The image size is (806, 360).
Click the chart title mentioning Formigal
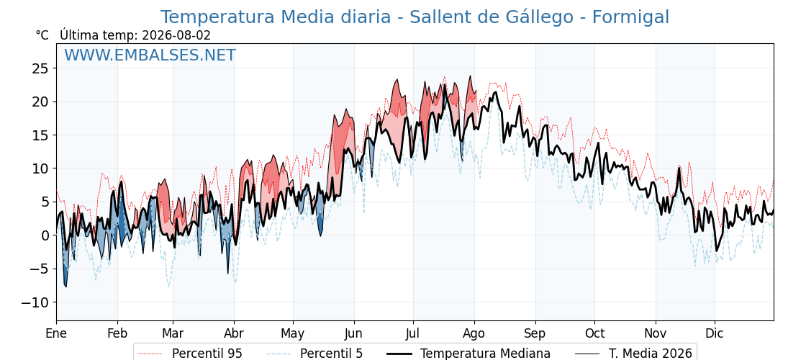[x=415, y=17]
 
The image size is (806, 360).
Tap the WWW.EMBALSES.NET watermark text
[x=150, y=55]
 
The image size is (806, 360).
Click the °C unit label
[x=42, y=35]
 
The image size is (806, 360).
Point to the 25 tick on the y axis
[x=41, y=68]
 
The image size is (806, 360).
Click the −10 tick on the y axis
[x=35, y=302]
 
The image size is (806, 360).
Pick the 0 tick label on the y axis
[x=45, y=235]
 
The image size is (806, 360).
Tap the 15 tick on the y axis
[x=41, y=135]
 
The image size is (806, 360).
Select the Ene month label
[x=57, y=333]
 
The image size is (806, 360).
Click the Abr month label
[x=234, y=333]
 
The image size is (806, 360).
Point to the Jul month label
[x=413, y=333]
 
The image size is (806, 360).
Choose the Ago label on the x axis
[x=474, y=333]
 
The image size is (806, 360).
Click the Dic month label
[x=715, y=333]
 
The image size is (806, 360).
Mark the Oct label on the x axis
[x=594, y=333]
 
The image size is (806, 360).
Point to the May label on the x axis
[x=293, y=334]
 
